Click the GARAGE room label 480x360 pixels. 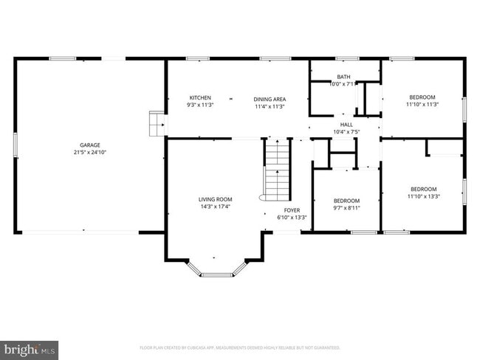[x=90, y=145]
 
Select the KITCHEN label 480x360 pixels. [x=200, y=98]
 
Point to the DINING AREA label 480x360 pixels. [x=270, y=99]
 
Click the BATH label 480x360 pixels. [x=343, y=77]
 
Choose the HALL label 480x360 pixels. [x=346, y=125]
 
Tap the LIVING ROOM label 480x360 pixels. [x=215, y=199]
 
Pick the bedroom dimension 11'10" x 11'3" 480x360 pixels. [x=422, y=105]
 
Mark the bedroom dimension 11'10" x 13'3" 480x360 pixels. [x=423, y=196]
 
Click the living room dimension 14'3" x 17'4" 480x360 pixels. [x=215, y=207]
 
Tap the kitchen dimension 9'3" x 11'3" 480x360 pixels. [x=200, y=105]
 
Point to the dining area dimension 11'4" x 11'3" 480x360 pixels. [x=270, y=106]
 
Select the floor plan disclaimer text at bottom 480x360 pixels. [x=239, y=347]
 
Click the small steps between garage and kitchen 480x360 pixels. [x=157, y=124]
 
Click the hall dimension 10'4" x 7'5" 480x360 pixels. [x=346, y=132]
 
